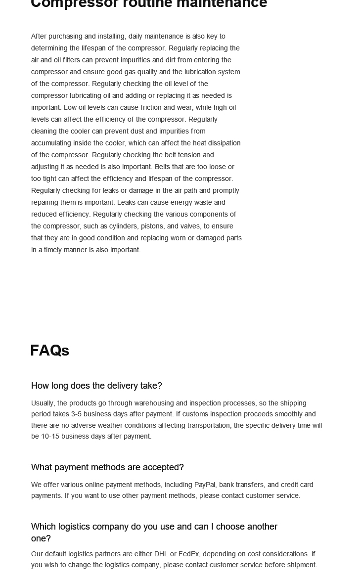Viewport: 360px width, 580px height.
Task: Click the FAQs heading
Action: pyautogui.click(x=49, y=350)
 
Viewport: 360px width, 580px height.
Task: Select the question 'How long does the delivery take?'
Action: pyautogui.click(x=96, y=386)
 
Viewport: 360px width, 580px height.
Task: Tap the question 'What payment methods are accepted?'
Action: pyautogui.click(x=107, y=467)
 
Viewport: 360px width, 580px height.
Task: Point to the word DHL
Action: pyautogui.click(x=161, y=554)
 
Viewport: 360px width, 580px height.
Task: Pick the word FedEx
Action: pyautogui.click(x=188, y=554)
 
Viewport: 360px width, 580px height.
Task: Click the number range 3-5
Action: pyautogui.click(x=76, y=414)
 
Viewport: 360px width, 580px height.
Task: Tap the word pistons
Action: pyautogui.click(x=153, y=226)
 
